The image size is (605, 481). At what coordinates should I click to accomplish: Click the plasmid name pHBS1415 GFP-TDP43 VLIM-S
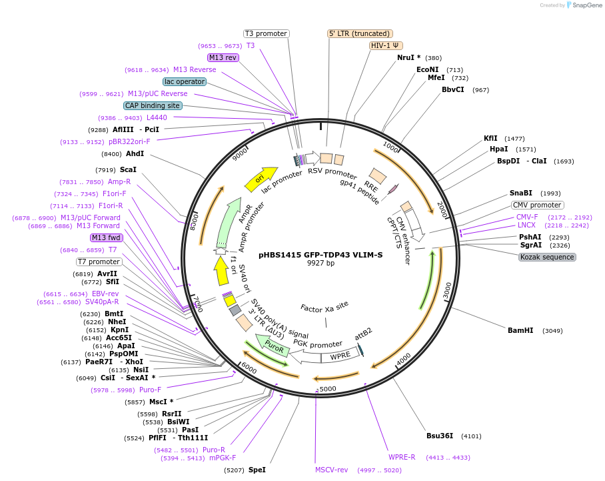321,254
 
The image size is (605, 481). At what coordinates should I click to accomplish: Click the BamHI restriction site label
520,330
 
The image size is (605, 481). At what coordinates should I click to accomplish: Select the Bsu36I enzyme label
440,436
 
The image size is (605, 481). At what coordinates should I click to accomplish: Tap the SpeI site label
257,470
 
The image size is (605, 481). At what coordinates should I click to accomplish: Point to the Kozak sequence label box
547,257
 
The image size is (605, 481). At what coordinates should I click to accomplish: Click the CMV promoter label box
537,205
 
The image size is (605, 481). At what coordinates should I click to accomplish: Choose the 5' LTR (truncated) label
360,33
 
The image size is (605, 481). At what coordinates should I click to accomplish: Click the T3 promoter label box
266,33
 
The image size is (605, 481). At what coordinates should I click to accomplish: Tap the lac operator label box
185,81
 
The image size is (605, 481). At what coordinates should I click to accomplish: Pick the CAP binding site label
152,105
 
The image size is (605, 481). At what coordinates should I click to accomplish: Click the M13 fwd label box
107,237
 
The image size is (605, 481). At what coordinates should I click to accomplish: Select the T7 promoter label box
99,262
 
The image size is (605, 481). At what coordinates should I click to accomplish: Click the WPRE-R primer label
402,458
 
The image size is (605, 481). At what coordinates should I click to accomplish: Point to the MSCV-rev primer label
332,470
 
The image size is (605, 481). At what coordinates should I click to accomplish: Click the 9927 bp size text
320,263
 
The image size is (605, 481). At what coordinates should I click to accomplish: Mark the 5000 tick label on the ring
328,389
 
